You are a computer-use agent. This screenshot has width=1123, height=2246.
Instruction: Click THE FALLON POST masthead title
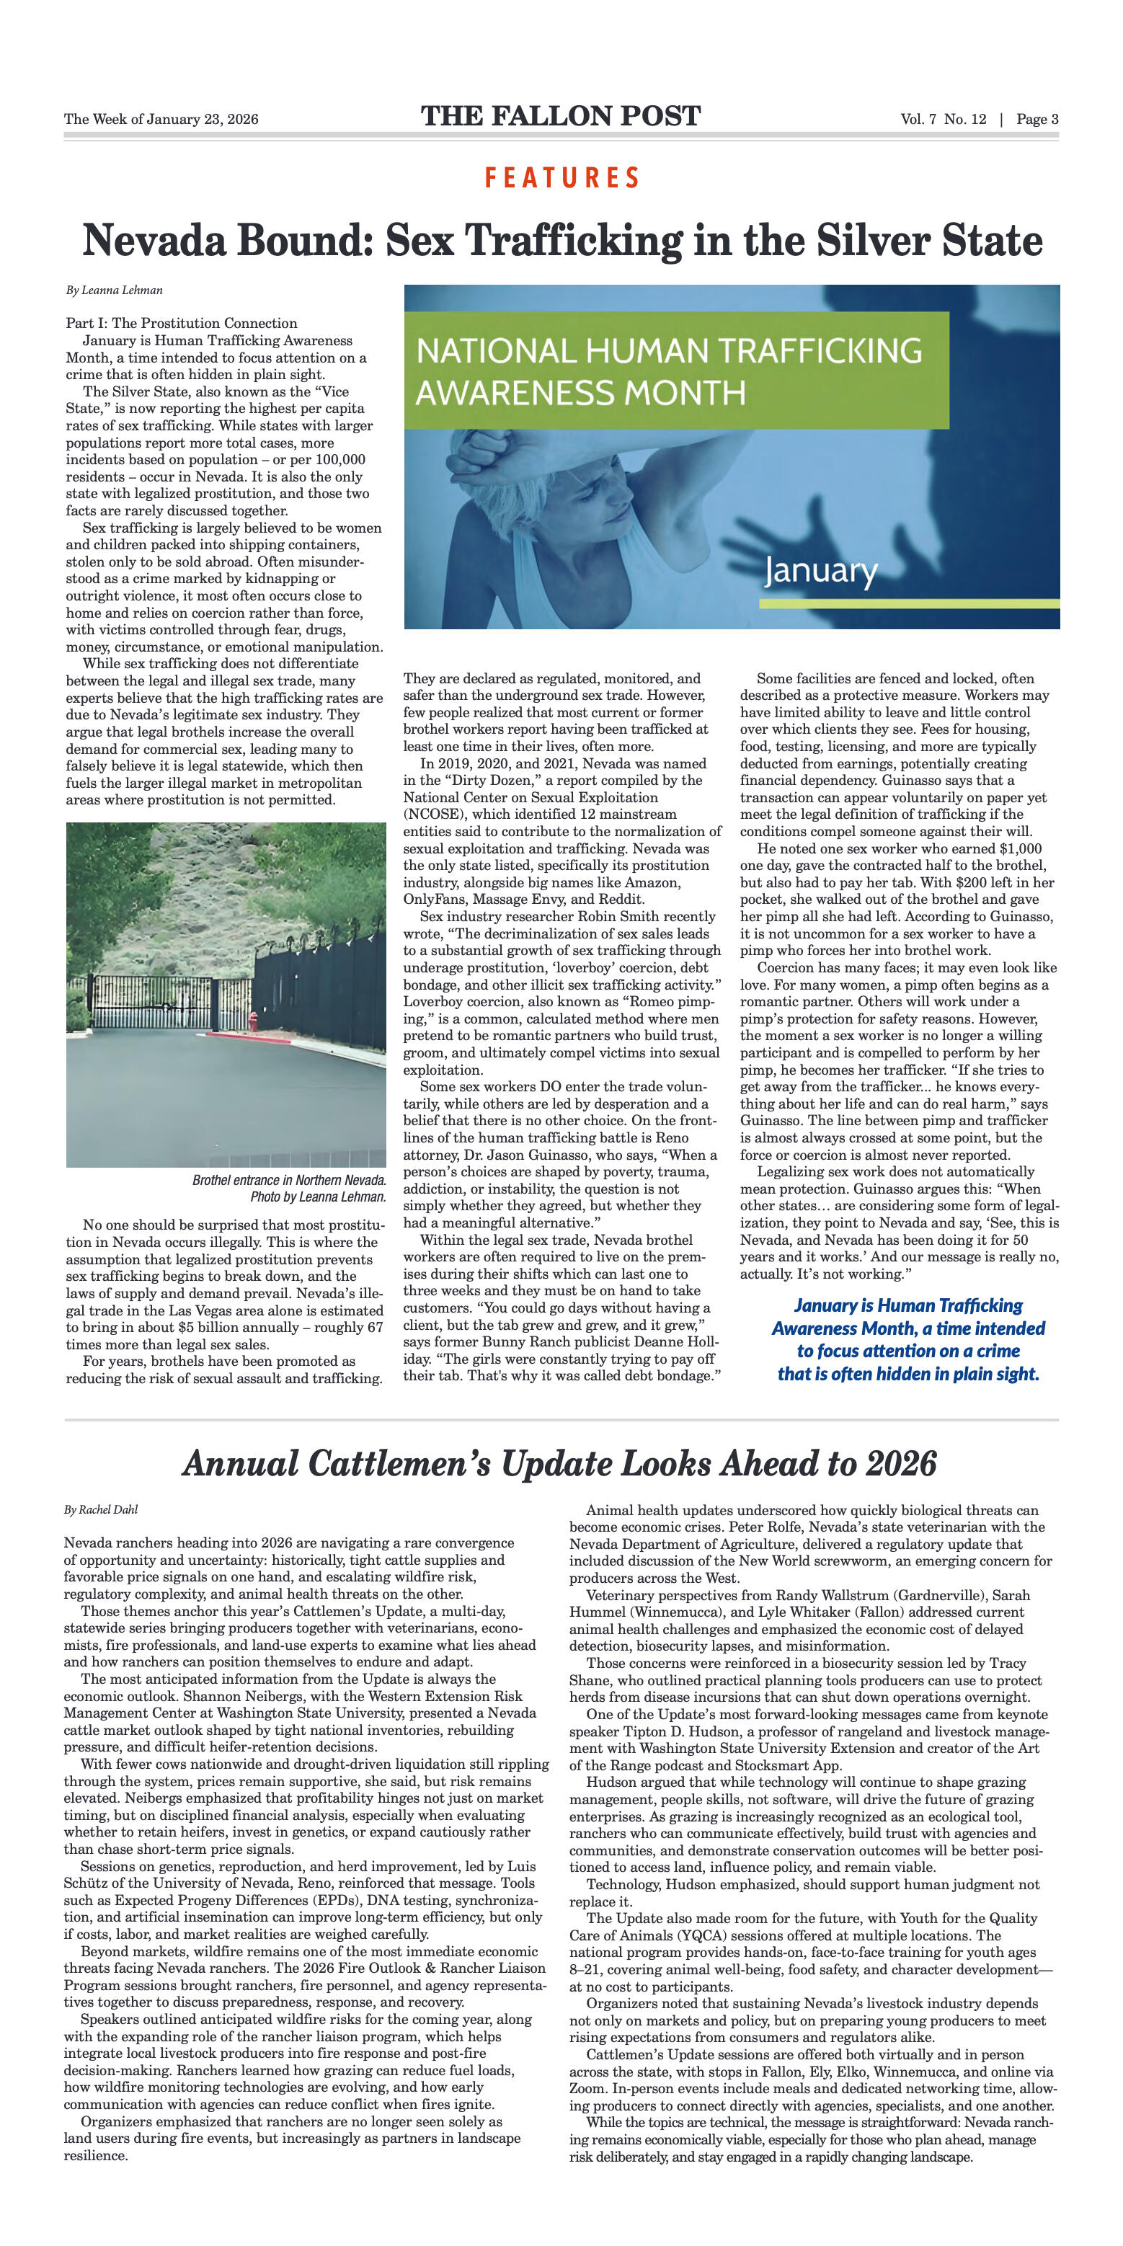(x=561, y=117)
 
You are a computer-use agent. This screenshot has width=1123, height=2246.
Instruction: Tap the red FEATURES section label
(x=562, y=178)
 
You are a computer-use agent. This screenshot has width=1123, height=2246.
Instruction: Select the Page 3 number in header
(x=1037, y=120)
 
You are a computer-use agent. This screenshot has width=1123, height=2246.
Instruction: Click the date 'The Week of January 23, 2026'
(x=161, y=120)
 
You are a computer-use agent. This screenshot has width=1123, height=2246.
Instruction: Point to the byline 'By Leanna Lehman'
(x=114, y=290)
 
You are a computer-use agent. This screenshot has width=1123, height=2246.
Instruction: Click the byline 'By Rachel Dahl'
(x=101, y=1509)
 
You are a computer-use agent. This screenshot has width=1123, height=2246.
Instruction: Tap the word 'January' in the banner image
(x=820, y=571)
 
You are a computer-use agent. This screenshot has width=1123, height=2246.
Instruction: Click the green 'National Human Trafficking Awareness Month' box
(x=675, y=370)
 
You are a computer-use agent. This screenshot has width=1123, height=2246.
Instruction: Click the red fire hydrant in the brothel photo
(x=254, y=1021)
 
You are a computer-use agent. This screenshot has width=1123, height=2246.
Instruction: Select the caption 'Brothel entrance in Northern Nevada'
(x=288, y=1180)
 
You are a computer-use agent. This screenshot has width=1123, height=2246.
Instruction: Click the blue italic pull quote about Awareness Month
(x=907, y=1339)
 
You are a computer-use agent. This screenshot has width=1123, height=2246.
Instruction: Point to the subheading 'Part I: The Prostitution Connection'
(x=182, y=324)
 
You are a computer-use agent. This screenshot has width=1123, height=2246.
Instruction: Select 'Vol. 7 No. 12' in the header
(x=944, y=120)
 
